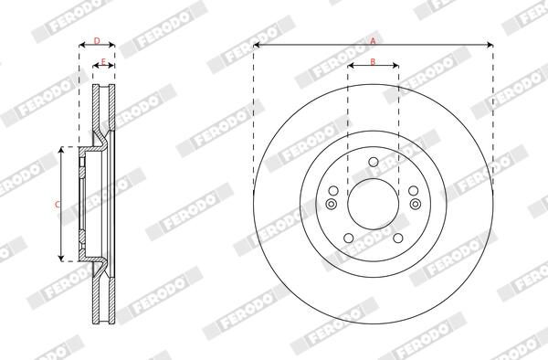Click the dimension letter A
tap(373, 39)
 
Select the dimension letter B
tap(373, 61)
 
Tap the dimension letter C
tap(57, 204)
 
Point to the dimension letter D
tap(97, 40)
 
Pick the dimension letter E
tap(104, 61)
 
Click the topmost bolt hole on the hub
tap(373, 164)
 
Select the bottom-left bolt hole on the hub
tap(348, 239)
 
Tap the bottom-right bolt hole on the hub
tap(398, 239)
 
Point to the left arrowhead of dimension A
tap(257, 45)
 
